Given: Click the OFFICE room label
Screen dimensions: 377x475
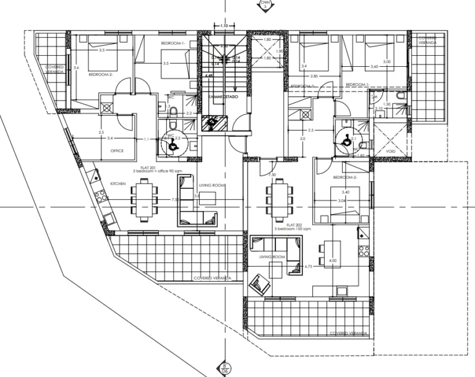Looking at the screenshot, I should point(118,150).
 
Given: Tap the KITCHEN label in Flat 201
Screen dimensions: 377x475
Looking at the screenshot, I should point(118,184).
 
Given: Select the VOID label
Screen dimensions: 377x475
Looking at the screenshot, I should point(391,150).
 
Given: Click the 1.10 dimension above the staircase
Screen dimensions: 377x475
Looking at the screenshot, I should point(224,26).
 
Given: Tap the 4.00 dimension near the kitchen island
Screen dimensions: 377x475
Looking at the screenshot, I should point(333,261).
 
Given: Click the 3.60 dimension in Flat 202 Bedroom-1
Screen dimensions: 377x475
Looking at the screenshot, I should point(374,66).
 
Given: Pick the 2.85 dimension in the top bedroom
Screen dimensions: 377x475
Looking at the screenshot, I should point(314,76).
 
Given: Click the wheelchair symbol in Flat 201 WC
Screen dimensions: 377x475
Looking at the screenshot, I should point(171,142).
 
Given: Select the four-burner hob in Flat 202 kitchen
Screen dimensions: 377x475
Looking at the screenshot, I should point(364,251).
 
